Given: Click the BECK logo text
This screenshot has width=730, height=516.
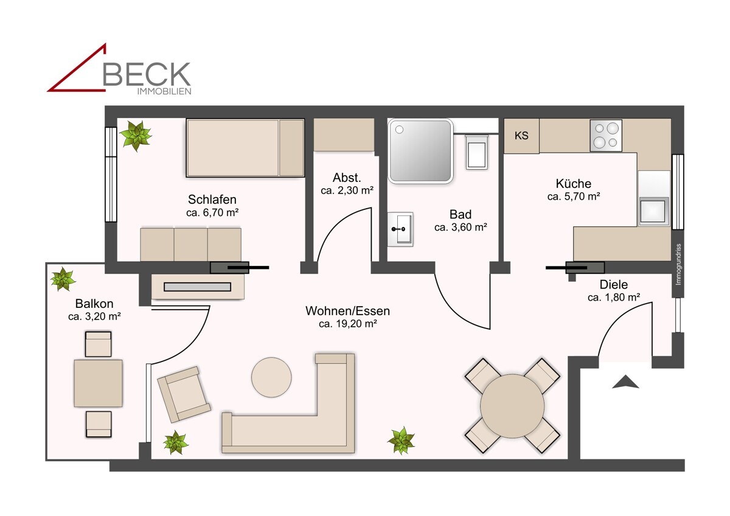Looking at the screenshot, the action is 147,74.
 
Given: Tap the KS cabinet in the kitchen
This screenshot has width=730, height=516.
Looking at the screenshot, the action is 521,136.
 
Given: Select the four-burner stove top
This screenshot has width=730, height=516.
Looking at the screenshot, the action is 606,136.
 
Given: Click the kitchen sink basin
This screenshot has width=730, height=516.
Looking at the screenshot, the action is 653,211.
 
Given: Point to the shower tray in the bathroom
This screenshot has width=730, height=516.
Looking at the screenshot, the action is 420,150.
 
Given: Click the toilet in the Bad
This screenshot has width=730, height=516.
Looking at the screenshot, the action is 477,152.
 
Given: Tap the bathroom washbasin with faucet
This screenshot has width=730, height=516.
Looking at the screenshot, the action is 400,229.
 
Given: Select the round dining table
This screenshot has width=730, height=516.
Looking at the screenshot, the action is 512,406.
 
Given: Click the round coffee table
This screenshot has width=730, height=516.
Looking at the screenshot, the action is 271,377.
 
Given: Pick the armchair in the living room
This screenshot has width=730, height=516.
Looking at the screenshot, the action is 184,394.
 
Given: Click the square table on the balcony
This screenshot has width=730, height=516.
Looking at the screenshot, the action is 98,383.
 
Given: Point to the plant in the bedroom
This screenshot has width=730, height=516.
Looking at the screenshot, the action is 136,136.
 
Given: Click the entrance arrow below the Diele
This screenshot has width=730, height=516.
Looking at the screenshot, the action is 625,382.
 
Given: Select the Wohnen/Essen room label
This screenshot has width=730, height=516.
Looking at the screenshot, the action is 347,311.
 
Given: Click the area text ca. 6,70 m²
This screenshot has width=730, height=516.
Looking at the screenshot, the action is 212,212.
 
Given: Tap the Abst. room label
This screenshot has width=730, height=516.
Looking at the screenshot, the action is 347,178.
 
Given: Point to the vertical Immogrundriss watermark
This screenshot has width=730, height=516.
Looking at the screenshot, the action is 679,264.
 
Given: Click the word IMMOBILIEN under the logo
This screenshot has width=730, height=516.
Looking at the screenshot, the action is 164,92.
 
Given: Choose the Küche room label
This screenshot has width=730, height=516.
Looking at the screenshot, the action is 573,184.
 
